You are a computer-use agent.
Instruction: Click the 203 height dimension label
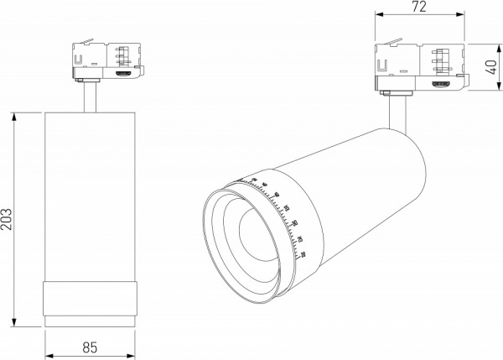point(8,220)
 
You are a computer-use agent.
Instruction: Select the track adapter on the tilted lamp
point(417,68)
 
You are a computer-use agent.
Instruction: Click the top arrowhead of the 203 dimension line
point(16,114)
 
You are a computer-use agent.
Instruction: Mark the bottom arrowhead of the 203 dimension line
point(16,325)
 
